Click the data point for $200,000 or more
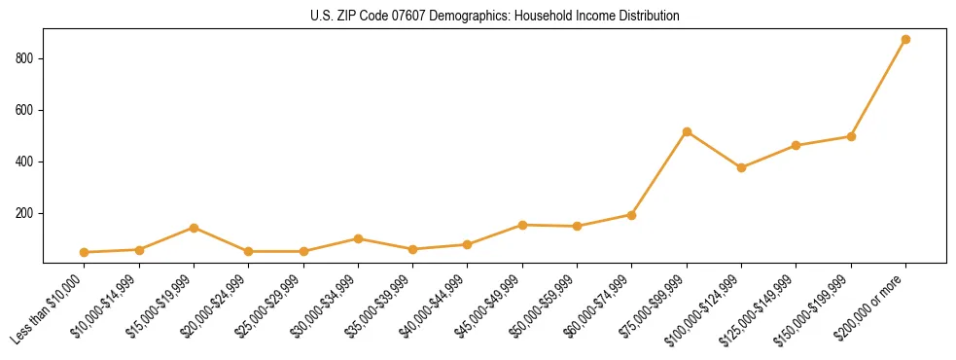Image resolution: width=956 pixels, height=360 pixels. pos(905,40)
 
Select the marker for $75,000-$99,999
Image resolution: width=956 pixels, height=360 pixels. pos(687,131)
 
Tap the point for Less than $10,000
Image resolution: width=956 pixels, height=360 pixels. pos(85,252)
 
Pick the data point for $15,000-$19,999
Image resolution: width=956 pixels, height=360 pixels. pos(194,228)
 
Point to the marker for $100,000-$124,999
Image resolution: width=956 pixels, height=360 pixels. pos(741,167)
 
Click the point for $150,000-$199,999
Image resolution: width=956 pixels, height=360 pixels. pos(851,136)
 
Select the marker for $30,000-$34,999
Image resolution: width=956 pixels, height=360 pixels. pos(358,238)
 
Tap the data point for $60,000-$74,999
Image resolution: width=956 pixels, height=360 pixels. pos(632,215)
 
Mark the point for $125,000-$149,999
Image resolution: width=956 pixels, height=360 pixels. pos(797,146)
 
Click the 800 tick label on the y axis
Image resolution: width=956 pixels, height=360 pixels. pos(26,58)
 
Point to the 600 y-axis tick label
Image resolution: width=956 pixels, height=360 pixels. pos(26,110)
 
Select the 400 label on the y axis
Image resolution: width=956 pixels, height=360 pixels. pos(26,162)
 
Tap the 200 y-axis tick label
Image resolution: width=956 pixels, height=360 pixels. pos(26,213)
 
